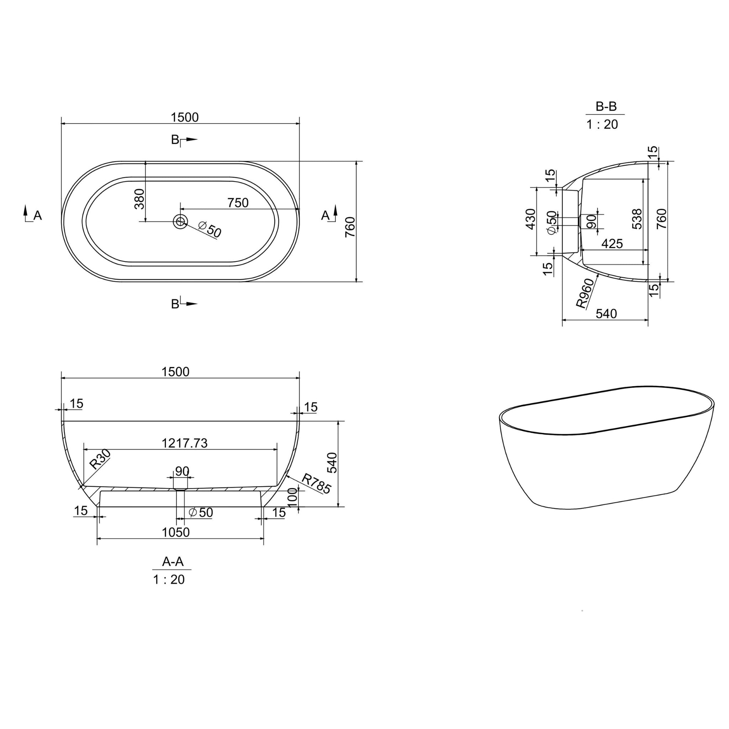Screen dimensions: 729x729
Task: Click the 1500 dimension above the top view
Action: [184, 117]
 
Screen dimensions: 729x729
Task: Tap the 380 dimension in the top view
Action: [139, 199]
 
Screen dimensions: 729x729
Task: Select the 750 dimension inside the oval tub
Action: [238, 203]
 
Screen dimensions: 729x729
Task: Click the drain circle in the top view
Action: [180, 221]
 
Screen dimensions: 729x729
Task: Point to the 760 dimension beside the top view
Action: [351, 227]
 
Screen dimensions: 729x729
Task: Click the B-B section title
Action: [606, 107]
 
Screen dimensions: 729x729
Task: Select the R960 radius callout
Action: [585, 295]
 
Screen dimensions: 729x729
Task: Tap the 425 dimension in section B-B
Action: [612, 244]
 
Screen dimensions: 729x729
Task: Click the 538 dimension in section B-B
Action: [636, 219]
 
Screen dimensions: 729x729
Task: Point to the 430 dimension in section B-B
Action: [530, 219]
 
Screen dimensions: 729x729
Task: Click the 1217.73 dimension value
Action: [184, 443]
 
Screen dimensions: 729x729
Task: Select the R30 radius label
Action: [100, 459]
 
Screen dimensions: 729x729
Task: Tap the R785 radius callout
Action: [316, 484]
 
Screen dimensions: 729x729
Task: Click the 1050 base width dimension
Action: [175, 533]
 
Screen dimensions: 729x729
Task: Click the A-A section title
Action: [173, 561]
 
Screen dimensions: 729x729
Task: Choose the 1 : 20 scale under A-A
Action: [169, 579]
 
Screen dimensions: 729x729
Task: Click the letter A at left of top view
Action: [37, 215]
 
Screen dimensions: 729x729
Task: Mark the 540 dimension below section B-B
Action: [606, 314]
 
